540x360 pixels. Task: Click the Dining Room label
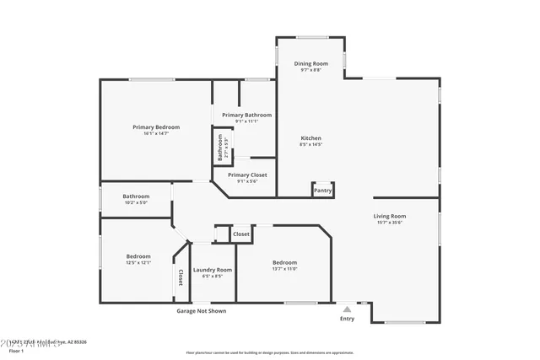(x=310, y=63)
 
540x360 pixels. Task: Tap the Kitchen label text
(x=310, y=137)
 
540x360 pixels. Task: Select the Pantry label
(x=322, y=191)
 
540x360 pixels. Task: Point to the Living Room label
(x=390, y=216)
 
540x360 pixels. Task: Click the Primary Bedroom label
(x=156, y=126)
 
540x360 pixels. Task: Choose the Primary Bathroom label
(x=246, y=115)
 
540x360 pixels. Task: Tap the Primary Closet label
(x=246, y=175)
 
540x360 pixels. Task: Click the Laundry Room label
(x=213, y=270)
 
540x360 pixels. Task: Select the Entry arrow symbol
(x=347, y=309)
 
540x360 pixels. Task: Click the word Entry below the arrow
(x=347, y=319)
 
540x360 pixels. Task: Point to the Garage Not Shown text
(x=201, y=310)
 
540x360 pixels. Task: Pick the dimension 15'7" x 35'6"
(x=390, y=223)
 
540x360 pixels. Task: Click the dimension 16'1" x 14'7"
(x=156, y=133)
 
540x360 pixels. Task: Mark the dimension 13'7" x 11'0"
(x=284, y=269)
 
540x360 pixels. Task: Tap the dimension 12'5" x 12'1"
(x=138, y=262)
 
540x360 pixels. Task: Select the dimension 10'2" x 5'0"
(x=136, y=202)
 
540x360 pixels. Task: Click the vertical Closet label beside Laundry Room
(x=181, y=278)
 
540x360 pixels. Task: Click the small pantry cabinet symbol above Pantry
(x=322, y=184)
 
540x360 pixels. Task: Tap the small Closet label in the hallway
(x=241, y=234)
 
